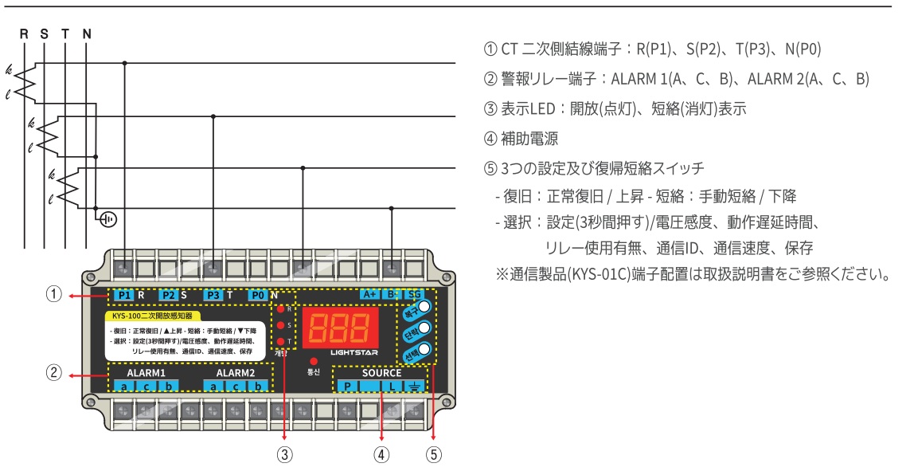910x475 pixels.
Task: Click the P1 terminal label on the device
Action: click(123, 295)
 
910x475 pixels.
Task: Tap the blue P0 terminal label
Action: click(257, 295)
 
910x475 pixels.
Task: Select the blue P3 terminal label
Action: click(213, 295)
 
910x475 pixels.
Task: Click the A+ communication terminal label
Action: click(369, 294)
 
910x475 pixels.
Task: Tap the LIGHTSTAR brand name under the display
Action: click(353, 351)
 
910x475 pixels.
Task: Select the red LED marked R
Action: click(280, 308)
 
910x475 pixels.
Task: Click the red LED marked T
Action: click(280, 341)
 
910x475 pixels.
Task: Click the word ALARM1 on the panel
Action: click(146, 372)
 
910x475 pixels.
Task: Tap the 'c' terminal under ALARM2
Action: click(236, 387)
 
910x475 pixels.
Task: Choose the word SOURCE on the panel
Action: click(382, 372)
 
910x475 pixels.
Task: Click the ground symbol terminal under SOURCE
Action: click(414, 387)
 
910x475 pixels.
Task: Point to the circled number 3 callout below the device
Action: click(285, 456)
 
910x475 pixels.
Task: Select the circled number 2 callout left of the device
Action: click(53, 373)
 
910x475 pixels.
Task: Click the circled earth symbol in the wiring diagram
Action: click(107, 218)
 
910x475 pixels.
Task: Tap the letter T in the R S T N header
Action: click(65, 34)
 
